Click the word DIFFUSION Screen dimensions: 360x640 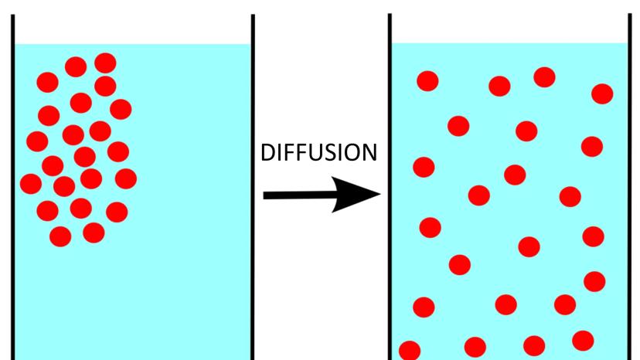(x=319, y=153)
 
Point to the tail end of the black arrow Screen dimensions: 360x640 (x=267, y=195)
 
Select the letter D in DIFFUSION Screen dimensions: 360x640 (x=267, y=153)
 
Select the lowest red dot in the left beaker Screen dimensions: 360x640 (x=60, y=236)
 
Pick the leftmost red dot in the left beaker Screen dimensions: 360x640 (x=31, y=184)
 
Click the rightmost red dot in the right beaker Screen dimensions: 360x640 (x=602, y=93)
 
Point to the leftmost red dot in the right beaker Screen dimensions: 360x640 (x=409, y=348)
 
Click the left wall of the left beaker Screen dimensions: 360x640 (x=12, y=193)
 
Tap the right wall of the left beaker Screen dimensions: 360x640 (x=253, y=193)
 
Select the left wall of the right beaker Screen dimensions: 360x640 (x=390, y=193)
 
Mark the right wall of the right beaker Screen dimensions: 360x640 (x=628, y=193)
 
